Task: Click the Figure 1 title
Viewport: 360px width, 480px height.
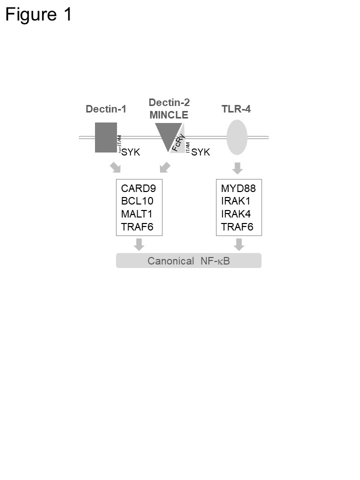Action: (38, 14)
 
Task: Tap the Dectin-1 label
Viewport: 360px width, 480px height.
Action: (105, 109)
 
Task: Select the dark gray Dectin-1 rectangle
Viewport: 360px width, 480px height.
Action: (106, 137)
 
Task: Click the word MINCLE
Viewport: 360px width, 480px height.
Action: (169, 115)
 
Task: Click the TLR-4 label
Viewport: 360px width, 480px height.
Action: (236, 109)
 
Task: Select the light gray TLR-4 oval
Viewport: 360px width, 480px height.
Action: (237, 137)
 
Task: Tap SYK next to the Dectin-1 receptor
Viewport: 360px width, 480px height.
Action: (131, 152)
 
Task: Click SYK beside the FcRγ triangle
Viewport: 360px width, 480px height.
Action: (200, 152)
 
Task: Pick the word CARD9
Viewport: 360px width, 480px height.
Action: (138, 188)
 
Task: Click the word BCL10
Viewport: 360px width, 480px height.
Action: (137, 201)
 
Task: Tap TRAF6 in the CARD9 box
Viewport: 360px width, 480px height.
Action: (137, 227)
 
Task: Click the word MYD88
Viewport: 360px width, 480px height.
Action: (237, 188)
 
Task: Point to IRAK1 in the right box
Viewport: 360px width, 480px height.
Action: (235, 201)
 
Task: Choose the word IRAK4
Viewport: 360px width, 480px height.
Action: (235, 214)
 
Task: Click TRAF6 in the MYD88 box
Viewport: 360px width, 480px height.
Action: (237, 227)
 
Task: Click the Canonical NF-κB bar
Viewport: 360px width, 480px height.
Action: (188, 260)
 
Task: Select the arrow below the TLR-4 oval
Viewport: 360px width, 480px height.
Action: (237, 168)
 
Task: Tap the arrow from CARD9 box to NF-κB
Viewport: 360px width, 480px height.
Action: (139, 244)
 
